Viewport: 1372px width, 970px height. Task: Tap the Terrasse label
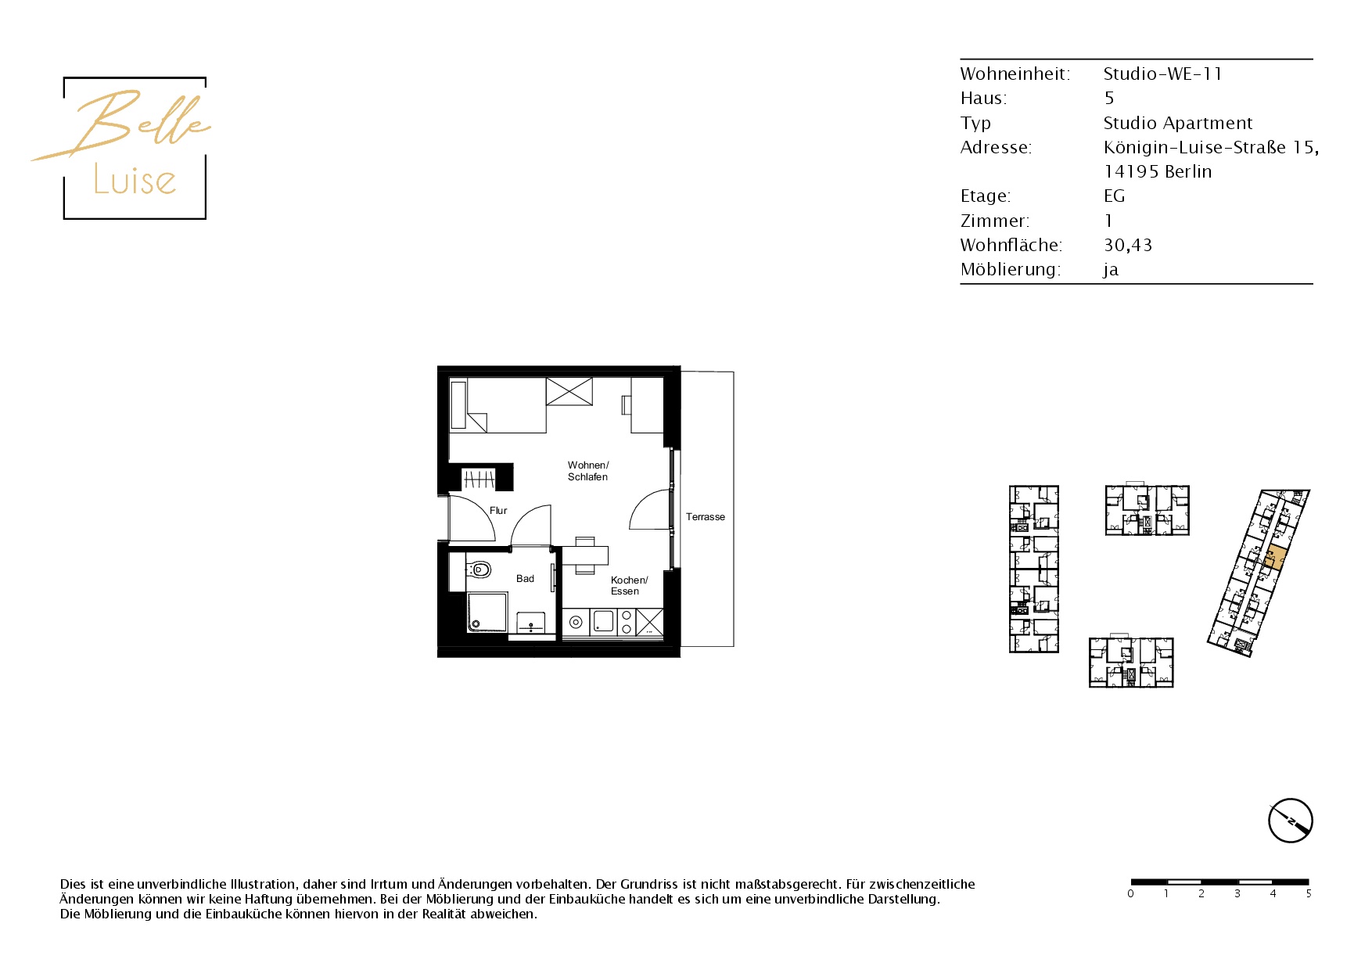tap(706, 517)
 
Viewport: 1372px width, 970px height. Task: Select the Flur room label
tap(498, 511)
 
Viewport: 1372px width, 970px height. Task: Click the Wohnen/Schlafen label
tap(588, 471)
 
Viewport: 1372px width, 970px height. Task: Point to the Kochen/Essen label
tap(629, 586)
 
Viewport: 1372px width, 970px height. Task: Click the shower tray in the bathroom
tap(487, 613)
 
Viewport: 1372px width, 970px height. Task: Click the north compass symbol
tap(1290, 821)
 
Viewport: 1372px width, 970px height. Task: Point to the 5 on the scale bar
tap(1308, 894)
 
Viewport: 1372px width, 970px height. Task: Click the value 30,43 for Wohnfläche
tap(1128, 245)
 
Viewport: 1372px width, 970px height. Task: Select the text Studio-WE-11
tap(1162, 74)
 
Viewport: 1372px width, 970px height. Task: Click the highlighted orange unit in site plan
tap(1273, 558)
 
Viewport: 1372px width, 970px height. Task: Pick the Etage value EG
tap(1114, 196)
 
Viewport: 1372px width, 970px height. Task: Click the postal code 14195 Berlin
tap(1158, 172)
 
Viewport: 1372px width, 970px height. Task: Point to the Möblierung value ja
tap(1111, 270)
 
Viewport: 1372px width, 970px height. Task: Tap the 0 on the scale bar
tap(1130, 894)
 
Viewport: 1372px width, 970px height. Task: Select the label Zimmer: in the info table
tap(995, 221)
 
